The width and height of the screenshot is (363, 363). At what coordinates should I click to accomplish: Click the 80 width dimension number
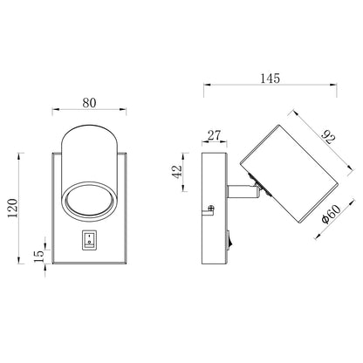pos(88,100)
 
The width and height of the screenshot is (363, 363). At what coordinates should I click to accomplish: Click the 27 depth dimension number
pos(213,136)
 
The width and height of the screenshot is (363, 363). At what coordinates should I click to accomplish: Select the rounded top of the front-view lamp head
pos(89,140)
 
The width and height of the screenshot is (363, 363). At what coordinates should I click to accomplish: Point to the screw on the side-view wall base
pos(213,209)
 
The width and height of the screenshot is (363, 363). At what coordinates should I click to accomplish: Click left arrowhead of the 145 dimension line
pos(204,86)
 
